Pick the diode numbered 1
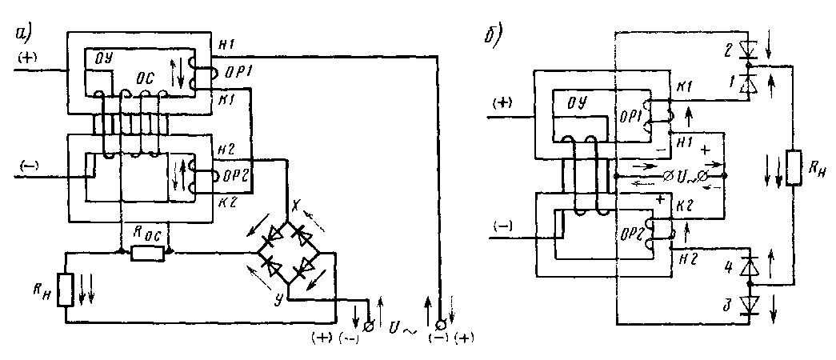click(750, 82)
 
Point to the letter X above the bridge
click(294, 203)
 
